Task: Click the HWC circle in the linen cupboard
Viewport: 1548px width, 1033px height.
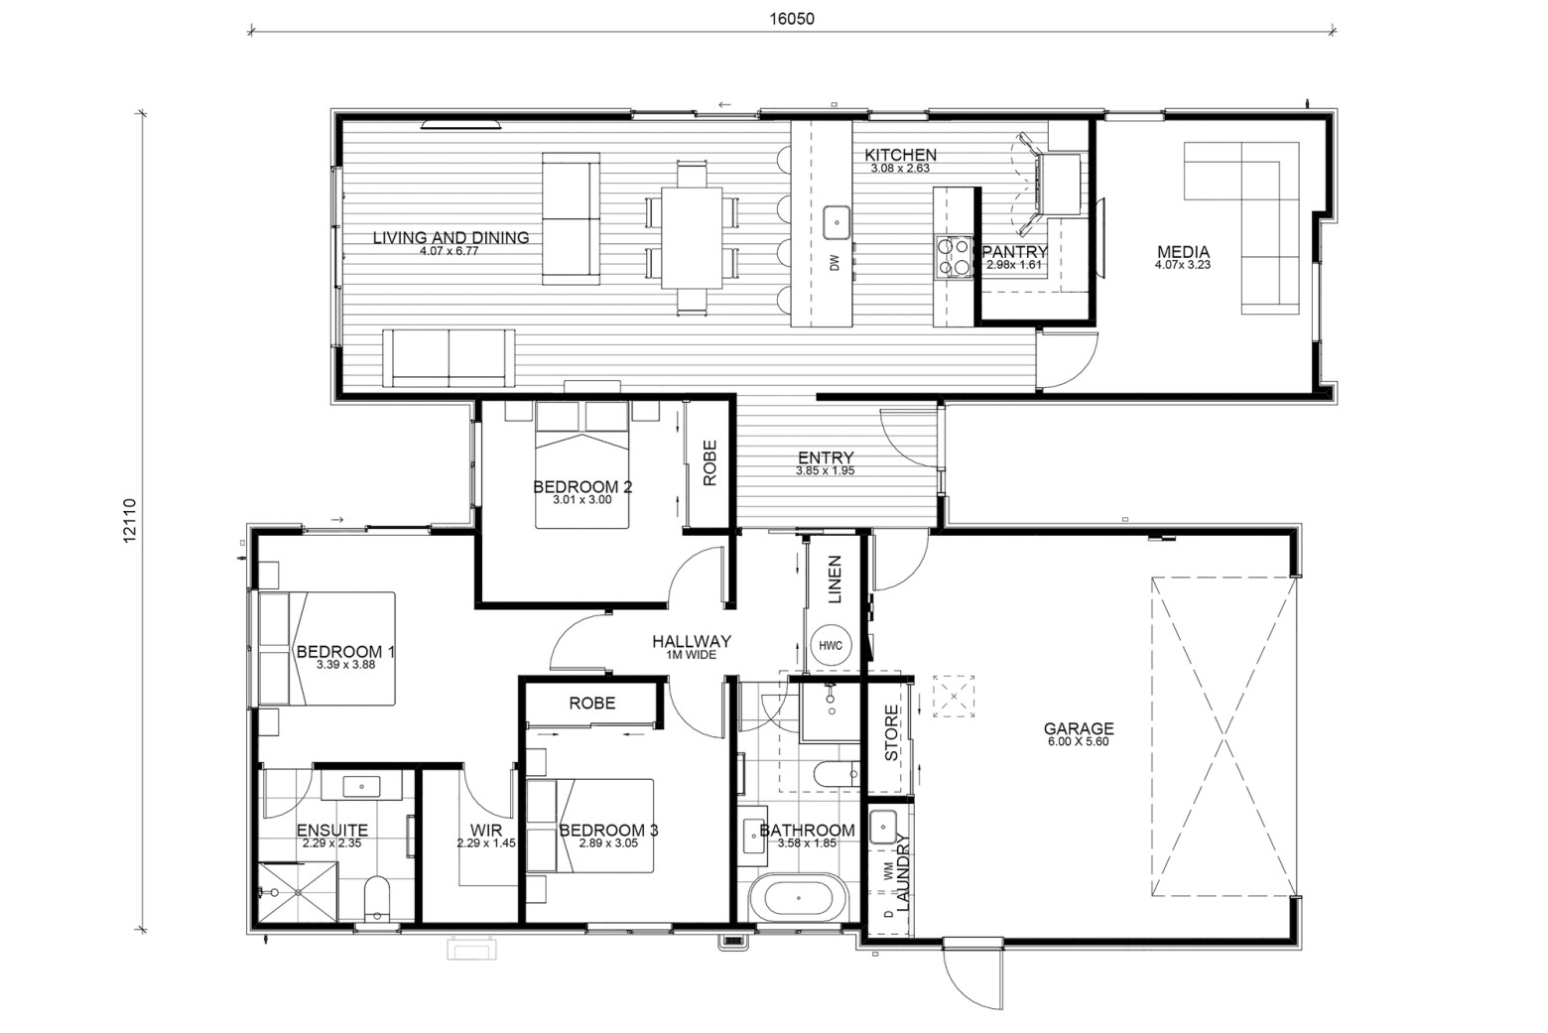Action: pyautogui.click(x=830, y=645)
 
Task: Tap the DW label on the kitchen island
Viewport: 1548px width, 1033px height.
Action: pyautogui.click(x=835, y=263)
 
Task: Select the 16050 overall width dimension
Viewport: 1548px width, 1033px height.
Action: pyautogui.click(x=792, y=19)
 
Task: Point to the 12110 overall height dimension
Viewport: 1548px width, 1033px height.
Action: pyautogui.click(x=131, y=520)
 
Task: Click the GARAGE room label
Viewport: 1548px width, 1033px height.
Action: pyautogui.click(x=1078, y=728)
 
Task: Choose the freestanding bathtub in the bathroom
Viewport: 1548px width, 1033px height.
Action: pyautogui.click(x=797, y=898)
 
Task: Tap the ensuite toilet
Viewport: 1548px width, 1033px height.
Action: pyautogui.click(x=377, y=898)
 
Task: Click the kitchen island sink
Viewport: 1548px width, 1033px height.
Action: pyautogui.click(x=837, y=222)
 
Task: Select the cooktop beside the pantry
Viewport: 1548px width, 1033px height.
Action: pyautogui.click(x=954, y=256)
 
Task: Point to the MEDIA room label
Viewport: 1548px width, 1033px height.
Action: pyautogui.click(x=1183, y=251)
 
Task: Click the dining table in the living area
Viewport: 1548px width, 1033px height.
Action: pyautogui.click(x=692, y=238)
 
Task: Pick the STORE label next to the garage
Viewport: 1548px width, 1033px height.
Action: pyautogui.click(x=891, y=733)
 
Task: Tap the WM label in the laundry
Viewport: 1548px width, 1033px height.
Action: pyautogui.click(x=888, y=874)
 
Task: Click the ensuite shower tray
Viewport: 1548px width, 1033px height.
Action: pyautogui.click(x=298, y=891)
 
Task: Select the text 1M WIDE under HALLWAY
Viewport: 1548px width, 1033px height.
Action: pyautogui.click(x=691, y=655)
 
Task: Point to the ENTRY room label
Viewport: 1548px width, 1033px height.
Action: pyautogui.click(x=826, y=457)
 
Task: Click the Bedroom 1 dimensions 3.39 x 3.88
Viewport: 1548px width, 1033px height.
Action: pyautogui.click(x=345, y=665)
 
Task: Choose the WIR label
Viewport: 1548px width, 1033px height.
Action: pyautogui.click(x=486, y=830)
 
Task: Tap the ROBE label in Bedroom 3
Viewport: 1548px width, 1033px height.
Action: pyautogui.click(x=592, y=704)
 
